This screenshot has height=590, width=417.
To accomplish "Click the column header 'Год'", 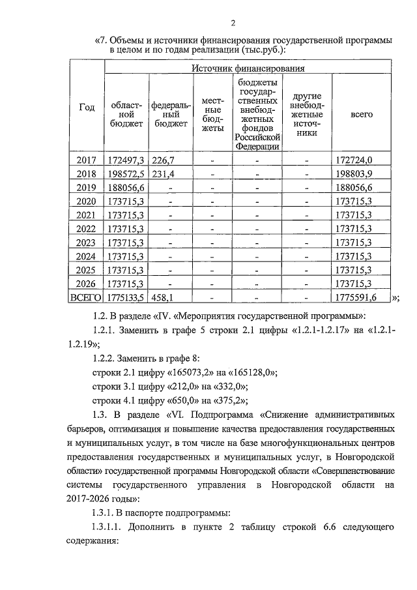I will click(87, 108).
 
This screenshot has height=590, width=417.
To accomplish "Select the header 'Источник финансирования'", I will click(249, 67).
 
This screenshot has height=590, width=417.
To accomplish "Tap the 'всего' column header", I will click(362, 114).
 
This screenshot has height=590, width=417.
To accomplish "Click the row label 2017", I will click(87, 160).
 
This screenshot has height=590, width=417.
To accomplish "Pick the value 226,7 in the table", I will click(163, 160).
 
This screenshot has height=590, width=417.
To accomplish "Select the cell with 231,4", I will click(163, 174).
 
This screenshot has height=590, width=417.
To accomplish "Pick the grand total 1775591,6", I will click(359, 298).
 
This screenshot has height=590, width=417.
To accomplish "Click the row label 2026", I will click(87, 283).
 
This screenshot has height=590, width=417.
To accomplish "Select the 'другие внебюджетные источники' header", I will click(306, 114).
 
